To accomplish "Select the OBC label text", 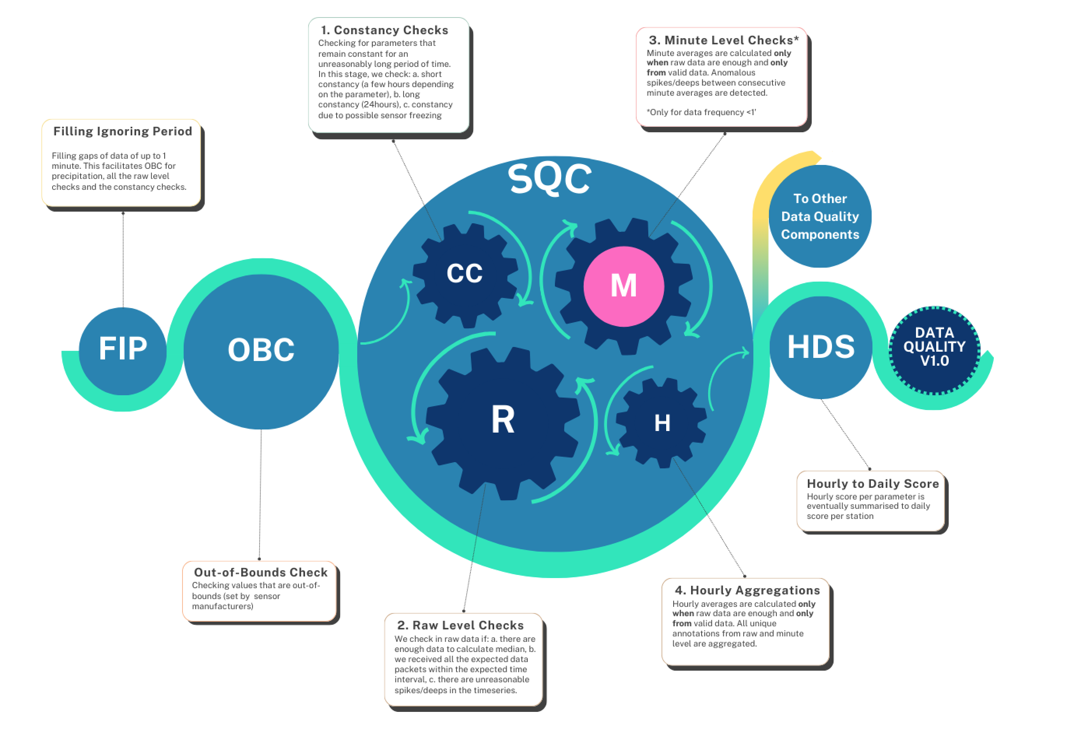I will click(261, 350).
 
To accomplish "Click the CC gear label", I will click(464, 273).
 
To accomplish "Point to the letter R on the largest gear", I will click(503, 420).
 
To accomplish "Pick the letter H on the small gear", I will click(662, 423).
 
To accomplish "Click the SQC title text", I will click(550, 179).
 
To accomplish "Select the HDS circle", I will click(821, 347).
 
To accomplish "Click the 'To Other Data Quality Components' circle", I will click(820, 217).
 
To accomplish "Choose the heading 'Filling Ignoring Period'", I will click(123, 131).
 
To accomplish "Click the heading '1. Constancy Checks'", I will click(385, 30).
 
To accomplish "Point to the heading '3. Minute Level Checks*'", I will click(723, 40).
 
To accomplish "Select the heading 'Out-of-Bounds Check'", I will click(261, 573).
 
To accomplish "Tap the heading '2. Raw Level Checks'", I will click(461, 626).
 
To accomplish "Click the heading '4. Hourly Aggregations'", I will click(747, 591).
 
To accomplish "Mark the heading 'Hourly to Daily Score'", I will click(873, 484).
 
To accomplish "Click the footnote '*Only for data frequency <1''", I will click(701, 112).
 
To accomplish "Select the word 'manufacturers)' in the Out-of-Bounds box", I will click(223, 606).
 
